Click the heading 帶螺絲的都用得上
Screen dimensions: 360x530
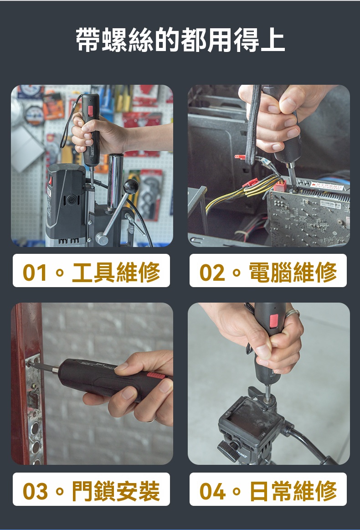[x=180, y=41]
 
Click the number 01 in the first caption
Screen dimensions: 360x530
[x=35, y=273]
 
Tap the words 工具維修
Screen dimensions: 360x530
[x=116, y=272]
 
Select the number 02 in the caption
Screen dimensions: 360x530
[x=211, y=273]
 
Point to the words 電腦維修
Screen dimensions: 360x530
[x=293, y=272]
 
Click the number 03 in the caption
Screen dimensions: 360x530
[x=35, y=491]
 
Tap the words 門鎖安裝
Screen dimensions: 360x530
[x=116, y=491]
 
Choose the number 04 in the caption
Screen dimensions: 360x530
[x=212, y=491]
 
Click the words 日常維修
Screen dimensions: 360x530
[x=293, y=491]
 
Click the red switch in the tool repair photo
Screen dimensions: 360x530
[x=90, y=110]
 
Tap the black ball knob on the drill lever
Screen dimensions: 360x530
[x=130, y=186]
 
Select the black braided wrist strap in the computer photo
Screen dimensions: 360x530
[x=252, y=129]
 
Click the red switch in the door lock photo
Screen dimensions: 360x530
[x=156, y=376]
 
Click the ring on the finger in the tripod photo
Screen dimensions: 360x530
[x=293, y=313]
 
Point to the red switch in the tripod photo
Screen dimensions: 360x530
[x=273, y=320]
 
